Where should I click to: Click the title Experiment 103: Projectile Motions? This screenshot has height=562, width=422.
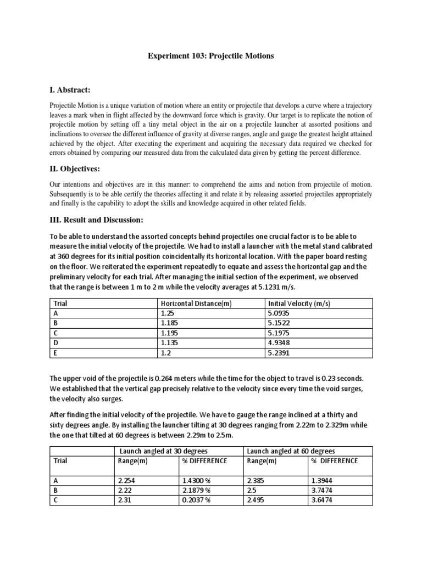pyautogui.click(x=211, y=57)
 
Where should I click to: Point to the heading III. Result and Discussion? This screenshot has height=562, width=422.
pyautogui.click(x=96, y=220)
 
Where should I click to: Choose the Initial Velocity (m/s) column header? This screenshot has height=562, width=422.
pyautogui.click(x=298, y=304)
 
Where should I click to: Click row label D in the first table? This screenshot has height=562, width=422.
pyautogui.click(x=55, y=342)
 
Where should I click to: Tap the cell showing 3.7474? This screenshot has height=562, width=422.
pyautogui.click(x=322, y=490)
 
